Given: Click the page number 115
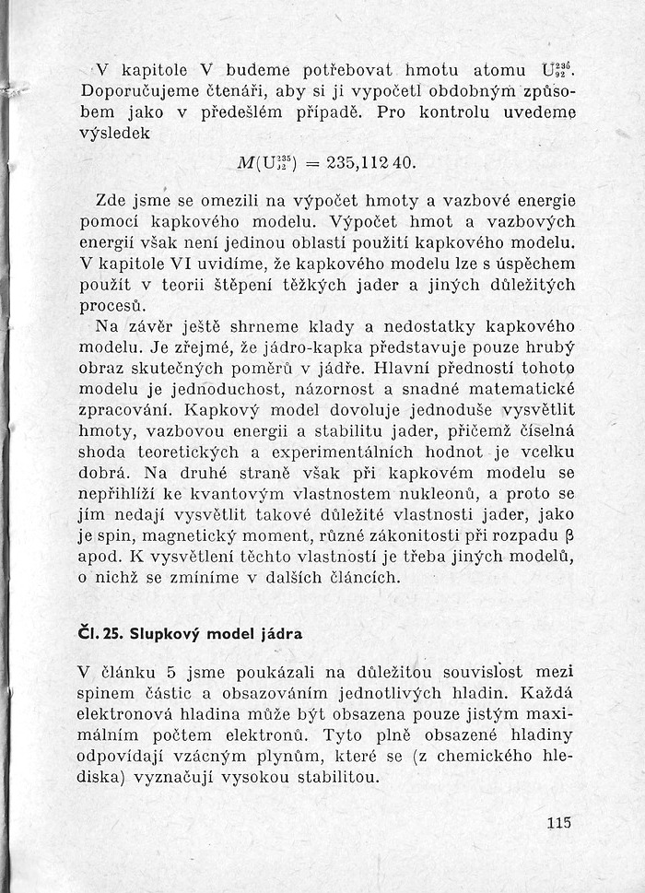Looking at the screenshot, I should (558, 825).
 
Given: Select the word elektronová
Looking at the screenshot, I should (136, 714).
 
